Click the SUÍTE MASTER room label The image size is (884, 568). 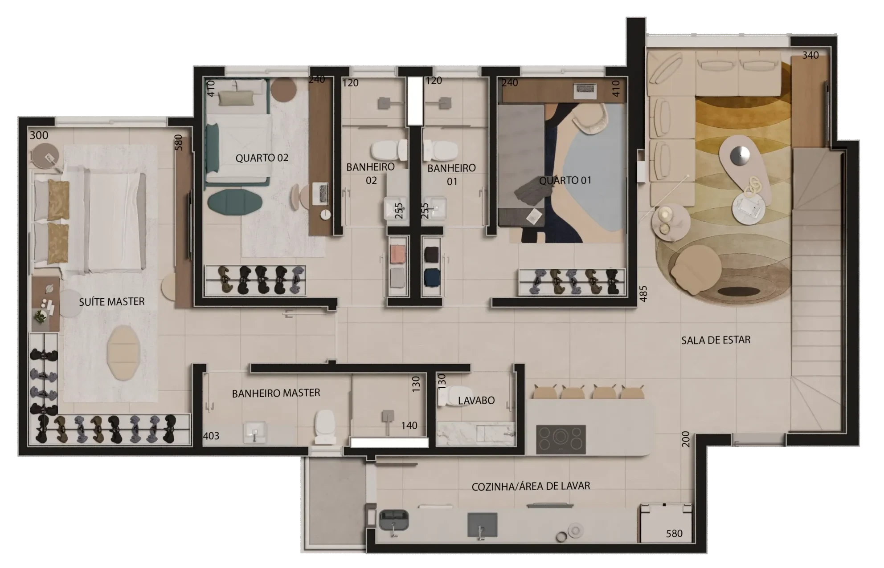(x=112, y=302)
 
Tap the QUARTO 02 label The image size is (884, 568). (x=262, y=158)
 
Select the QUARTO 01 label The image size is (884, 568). (x=565, y=180)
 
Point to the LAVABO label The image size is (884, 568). (x=476, y=401)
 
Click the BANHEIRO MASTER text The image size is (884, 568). (x=276, y=394)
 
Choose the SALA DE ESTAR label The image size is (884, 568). (x=716, y=341)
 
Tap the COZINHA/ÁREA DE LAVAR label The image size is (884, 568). (x=531, y=486)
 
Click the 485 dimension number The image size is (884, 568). (x=643, y=294)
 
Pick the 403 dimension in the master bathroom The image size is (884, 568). (x=211, y=436)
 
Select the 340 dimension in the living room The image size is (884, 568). (x=810, y=55)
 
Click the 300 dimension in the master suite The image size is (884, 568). (x=39, y=135)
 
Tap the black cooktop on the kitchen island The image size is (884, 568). (x=561, y=439)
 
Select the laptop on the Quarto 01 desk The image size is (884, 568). (x=585, y=91)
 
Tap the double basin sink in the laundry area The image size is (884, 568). (x=394, y=520)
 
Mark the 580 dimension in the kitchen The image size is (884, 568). (x=674, y=534)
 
